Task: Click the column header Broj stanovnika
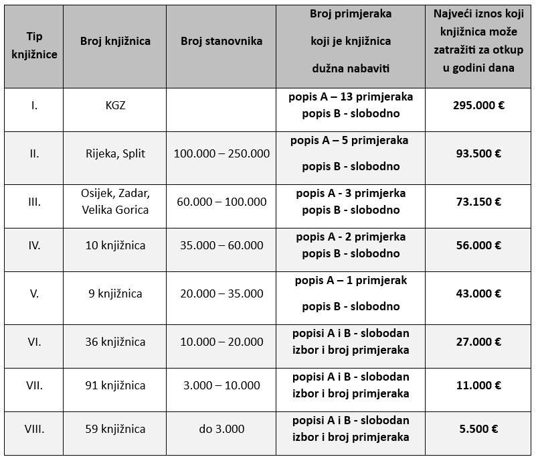pyautogui.click(x=221, y=41)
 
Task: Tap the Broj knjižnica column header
pyautogui.click(x=115, y=41)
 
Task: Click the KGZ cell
pyautogui.click(x=115, y=105)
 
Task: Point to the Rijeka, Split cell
pyautogui.click(x=115, y=153)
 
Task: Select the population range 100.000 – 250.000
pyautogui.click(x=221, y=153)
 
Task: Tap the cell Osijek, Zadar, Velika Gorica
pyautogui.click(x=115, y=202)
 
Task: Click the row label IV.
pyautogui.click(x=34, y=245)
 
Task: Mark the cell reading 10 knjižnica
pyautogui.click(x=115, y=245)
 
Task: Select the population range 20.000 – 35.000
pyautogui.click(x=221, y=293)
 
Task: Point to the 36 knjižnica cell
pyautogui.click(x=115, y=342)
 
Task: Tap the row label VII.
pyautogui.click(x=34, y=385)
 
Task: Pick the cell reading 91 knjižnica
pyautogui.click(x=115, y=385)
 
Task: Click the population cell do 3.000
pyautogui.click(x=221, y=429)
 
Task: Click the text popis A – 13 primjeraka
pyautogui.click(x=351, y=96)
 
